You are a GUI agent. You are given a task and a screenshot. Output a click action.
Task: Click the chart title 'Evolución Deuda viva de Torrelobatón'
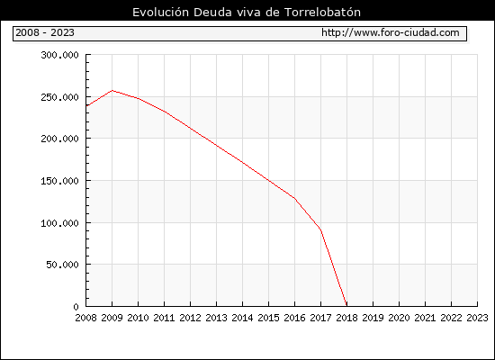click(x=247, y=13)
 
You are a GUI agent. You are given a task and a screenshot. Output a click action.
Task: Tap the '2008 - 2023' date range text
click(x=45, y=32)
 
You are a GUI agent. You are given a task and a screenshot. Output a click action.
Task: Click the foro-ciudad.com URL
click(x=391, y=32)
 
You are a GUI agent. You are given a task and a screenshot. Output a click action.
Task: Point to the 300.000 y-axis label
click(x=59, y=55)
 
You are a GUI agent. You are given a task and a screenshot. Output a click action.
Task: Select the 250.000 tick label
click(x=59, y=97)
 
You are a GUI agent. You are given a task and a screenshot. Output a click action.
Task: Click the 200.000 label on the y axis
click(x=59, y=139)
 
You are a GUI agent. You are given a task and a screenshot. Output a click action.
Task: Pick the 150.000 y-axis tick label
click(x=59, y=181)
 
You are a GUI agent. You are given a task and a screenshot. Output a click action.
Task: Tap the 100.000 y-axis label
click(x=59, y=223)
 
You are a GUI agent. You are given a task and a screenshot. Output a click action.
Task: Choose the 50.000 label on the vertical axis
click(x=62, y=265)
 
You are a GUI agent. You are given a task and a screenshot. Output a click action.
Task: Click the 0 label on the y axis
click(x=76, y=307)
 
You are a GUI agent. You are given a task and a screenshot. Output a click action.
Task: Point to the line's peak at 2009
click(x=112, y=91)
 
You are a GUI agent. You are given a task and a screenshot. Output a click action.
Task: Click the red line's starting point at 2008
click(x=86, y=106)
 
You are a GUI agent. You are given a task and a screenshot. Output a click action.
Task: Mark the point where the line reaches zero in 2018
click(x=346, y=305)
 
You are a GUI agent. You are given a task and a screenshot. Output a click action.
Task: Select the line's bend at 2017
click(x=320, y=229)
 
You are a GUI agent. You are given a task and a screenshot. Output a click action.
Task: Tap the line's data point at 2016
click(x=294, y=198)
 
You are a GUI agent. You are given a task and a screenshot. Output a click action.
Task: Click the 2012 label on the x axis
click(x=191, y=318)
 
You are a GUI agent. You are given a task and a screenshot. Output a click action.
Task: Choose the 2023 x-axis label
click(x=477, y=318)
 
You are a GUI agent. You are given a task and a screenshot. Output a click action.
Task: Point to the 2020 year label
click(x=399, y=318)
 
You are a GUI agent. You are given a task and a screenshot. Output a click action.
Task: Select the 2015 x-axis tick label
click(x=269, y=318)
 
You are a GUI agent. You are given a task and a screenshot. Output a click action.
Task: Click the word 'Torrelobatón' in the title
click(x=322, y=13)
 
